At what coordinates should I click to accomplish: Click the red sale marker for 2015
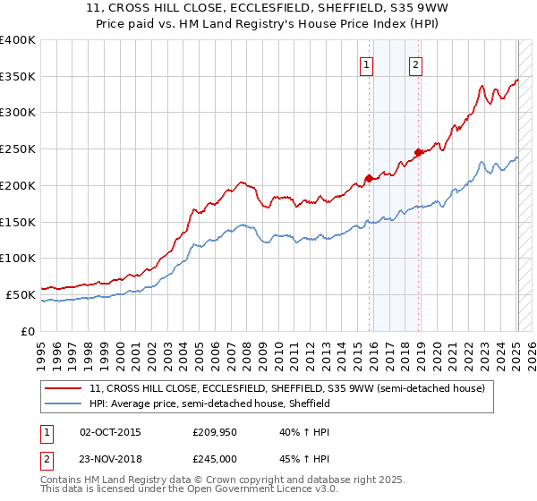(369, 178)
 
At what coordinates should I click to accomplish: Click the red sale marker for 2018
(418, 152)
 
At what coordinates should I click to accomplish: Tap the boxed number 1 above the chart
(367, 64)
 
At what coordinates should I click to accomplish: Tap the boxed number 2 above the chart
(417, 64)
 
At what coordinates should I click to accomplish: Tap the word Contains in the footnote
(63, 480)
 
